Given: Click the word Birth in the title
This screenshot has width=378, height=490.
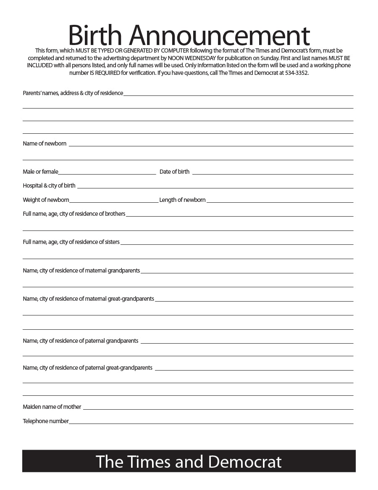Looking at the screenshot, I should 95,35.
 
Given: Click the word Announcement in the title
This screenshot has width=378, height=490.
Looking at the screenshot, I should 219,35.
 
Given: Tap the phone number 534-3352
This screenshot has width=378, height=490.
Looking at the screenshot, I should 296,73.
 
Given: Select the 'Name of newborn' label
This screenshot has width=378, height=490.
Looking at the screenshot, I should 45,143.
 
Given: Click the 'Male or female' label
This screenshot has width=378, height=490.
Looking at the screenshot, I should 40,172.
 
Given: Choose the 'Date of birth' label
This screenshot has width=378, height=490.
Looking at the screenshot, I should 174,172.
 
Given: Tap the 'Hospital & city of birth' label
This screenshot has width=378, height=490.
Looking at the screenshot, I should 49,185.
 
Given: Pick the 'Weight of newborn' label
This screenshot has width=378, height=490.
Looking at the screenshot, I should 46,200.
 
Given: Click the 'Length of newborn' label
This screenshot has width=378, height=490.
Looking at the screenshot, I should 182,200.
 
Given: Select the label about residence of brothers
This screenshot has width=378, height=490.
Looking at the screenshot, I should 74,214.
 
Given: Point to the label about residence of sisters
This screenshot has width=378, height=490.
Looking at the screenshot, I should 71,242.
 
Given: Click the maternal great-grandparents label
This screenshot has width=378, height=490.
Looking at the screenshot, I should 88,299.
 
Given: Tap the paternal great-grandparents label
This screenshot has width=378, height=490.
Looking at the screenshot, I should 87,368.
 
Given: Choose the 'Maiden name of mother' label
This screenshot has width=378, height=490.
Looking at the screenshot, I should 52,407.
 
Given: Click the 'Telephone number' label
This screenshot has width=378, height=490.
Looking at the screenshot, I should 46,421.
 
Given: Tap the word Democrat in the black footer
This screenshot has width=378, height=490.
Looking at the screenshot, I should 245,461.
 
